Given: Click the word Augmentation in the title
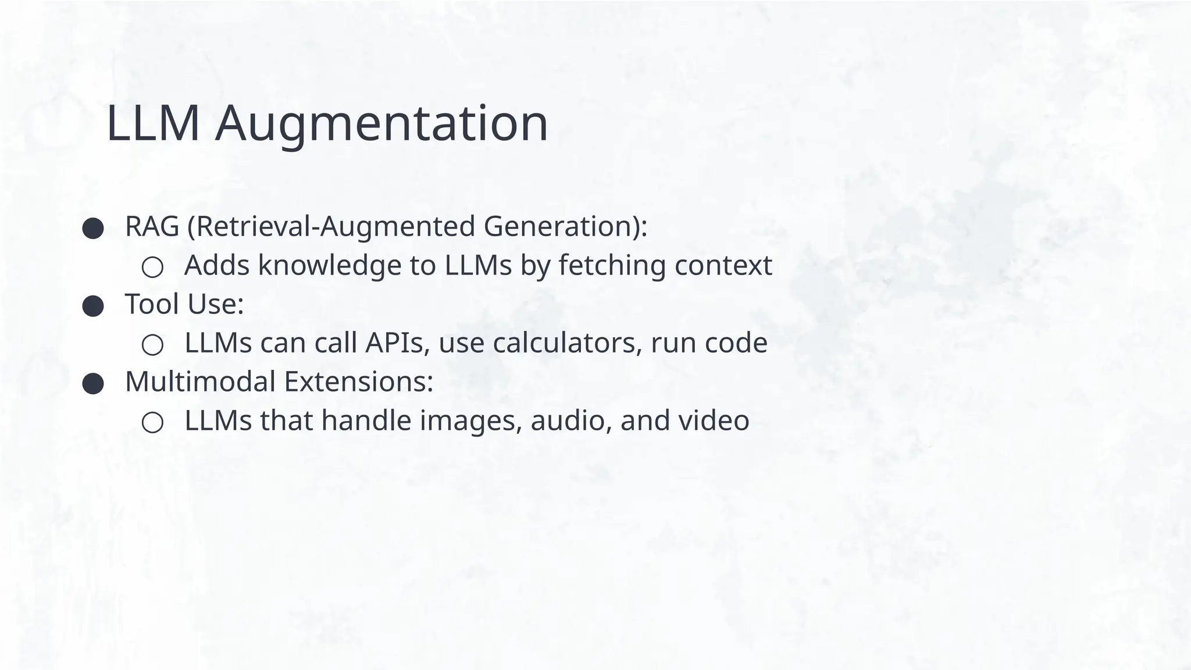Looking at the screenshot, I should tap(381, 124).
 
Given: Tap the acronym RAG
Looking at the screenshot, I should tap(152, 226).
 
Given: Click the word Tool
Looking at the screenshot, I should tap(151, 304).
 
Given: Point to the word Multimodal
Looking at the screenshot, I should tap(200, 382).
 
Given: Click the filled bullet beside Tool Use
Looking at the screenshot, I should tap(93, 306).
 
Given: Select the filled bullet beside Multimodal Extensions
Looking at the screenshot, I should tap(93, 383).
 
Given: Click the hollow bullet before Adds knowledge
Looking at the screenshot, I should tap(152, 267).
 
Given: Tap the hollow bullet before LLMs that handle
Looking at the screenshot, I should tap(152, 422).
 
